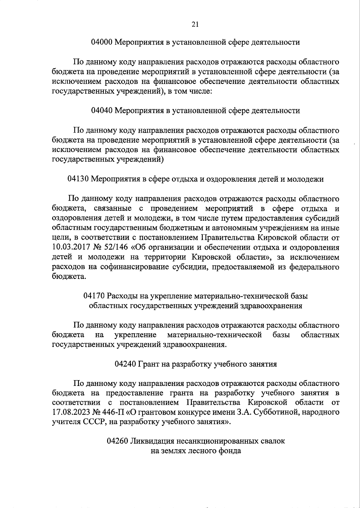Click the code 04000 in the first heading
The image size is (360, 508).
102,42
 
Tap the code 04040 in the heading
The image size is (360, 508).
102,111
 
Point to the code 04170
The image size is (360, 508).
94,296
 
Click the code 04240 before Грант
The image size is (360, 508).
125,364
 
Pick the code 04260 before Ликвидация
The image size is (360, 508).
117,441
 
